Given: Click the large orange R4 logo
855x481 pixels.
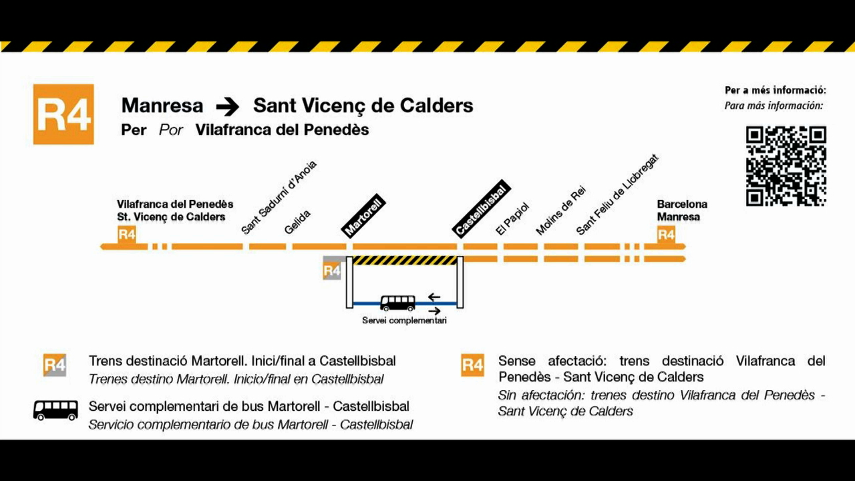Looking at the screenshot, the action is point(63,114).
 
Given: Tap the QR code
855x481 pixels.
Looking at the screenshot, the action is point(786,166).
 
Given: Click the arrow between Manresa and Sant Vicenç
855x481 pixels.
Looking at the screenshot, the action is point(228,107).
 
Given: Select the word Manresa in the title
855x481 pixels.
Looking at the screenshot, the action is point(162,106).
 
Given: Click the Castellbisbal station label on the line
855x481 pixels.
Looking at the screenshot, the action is point(482,208).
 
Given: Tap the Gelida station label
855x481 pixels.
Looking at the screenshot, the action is point(297,222).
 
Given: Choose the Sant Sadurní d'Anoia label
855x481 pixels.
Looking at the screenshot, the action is point(279,197).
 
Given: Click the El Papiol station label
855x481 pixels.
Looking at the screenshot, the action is point(512,218).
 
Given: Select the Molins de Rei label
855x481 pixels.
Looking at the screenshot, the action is point(560,210).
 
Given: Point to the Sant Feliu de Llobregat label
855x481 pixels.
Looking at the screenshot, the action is point(617,194).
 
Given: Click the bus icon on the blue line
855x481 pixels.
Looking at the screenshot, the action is point(397,303).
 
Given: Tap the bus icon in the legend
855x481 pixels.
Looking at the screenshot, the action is point(55,410).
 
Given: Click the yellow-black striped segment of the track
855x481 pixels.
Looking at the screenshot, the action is point(405,261).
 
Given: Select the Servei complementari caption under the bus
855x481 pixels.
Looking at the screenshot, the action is point(404,320).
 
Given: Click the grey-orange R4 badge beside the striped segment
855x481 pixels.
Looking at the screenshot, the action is point(332,268).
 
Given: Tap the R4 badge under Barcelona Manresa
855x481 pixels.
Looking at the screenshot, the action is point(666,234).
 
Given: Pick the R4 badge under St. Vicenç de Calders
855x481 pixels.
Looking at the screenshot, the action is point(127,234).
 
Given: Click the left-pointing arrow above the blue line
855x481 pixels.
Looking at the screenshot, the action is point(434,297).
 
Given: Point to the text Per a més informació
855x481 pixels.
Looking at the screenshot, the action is point(776,90).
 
